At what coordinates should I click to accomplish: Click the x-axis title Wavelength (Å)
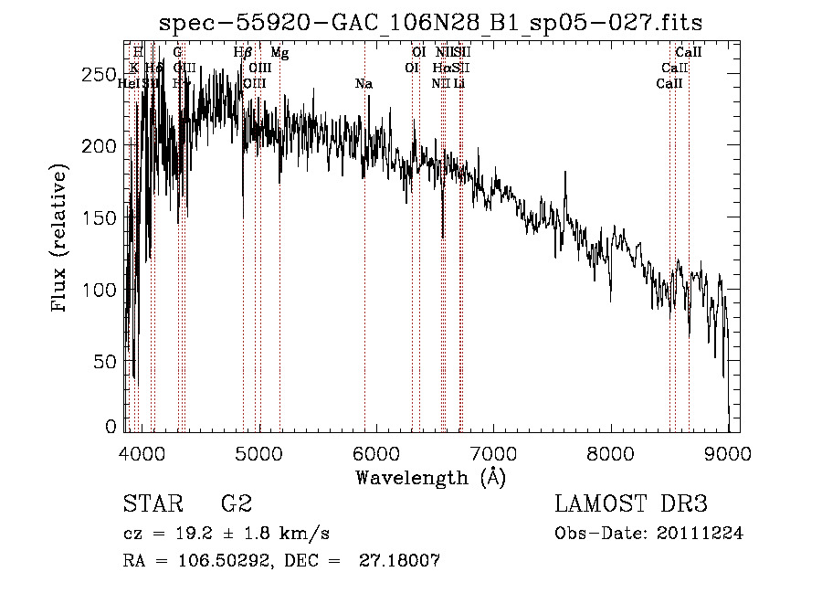[x=430, y=477]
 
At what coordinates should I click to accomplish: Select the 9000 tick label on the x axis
[x=728, y=453]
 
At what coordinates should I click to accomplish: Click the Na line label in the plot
[x=364, y=84]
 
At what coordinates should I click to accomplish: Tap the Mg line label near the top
[x=279, y=54]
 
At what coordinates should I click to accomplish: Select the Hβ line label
[x=243, y=54]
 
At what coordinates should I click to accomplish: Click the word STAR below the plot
[x=151, y=503]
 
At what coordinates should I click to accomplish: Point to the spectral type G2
[x=236, y=503]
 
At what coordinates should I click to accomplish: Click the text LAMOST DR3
[x=631, y=503]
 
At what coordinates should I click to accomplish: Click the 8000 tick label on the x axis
[x=610, y=453]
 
